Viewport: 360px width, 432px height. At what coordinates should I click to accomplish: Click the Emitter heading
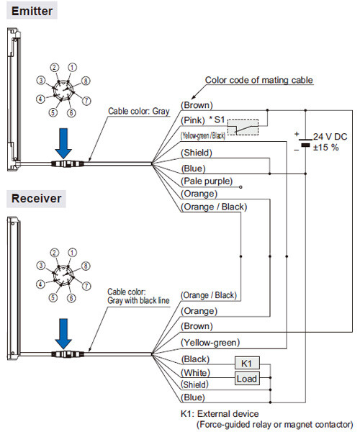coord(32,11)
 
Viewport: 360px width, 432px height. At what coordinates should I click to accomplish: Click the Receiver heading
coord(36,199)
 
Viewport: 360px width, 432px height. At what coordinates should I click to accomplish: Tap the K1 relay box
coord(247,363)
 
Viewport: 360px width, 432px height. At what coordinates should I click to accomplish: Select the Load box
coord(247,378)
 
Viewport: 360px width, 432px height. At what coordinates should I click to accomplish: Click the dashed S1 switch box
coord(243,127)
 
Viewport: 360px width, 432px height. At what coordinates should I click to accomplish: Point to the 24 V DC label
coord(330,137)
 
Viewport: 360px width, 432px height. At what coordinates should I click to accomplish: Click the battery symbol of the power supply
coord(305,143)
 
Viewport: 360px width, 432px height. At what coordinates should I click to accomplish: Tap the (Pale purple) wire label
coord(207,181)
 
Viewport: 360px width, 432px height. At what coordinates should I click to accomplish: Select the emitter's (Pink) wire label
coord(193,120)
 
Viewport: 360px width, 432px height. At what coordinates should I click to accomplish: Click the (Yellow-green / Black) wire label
coord(203,135)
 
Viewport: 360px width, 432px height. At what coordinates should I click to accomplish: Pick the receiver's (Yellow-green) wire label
coord(210,343)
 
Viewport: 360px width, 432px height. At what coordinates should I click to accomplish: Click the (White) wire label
coord(195,373)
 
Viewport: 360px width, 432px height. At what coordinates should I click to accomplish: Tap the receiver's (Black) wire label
coord(195,359)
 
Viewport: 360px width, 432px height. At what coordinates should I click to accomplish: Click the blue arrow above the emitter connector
coord(63,143)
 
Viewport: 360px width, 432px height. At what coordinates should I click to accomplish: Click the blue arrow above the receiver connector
coord(63,334)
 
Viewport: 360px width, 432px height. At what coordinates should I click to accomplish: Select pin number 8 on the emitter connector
coord(86,81)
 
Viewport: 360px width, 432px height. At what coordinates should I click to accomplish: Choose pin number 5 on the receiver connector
coord(53,297)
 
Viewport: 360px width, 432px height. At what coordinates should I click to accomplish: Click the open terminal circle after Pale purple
coord(240,187)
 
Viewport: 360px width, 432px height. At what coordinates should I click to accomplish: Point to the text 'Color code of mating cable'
coord(259,80)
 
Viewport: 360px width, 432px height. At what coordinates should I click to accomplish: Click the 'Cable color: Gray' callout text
coord(138,111)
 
